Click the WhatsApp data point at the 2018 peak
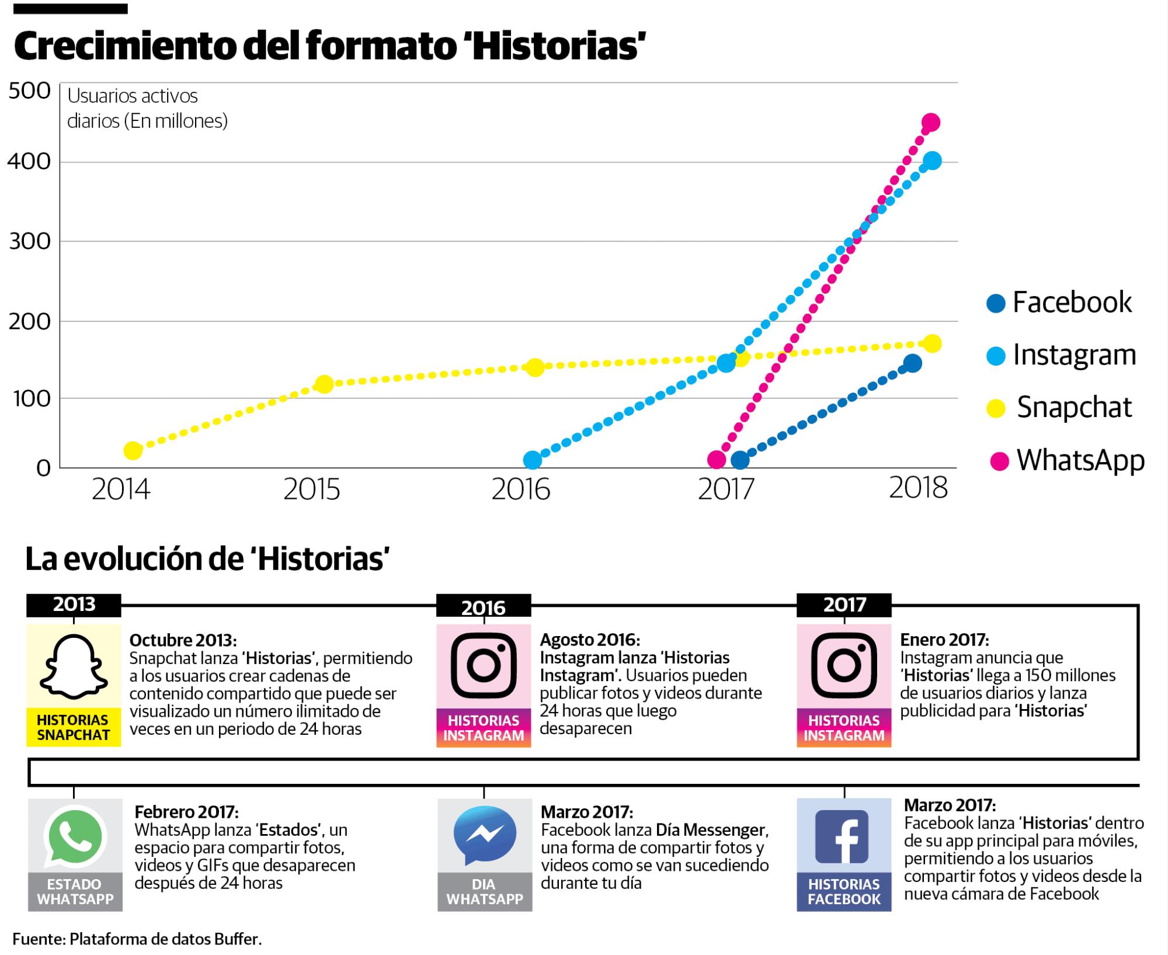click(x=930, y=123)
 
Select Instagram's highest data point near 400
click(x=933, y=161)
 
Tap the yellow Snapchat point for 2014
click(x=133, y=450)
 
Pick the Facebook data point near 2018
click(x=913, y=363)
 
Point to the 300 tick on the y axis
click(x=29, y=241)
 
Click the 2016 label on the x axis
click(x=520, y=489)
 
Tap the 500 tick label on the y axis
click(x=29, y=91)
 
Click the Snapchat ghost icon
click(x=74, y=666)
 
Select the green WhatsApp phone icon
click(x=75, y=836)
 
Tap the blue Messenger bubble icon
click(x=484, y=836)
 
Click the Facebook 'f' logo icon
click(x=844, y=836)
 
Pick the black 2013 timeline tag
click(x=74, y=605)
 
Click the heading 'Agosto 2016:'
click(x=589, y=640)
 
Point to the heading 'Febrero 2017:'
click(x=186, y=812)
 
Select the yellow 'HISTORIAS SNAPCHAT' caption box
click(x=74, y=728)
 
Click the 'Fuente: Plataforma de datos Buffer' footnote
click(x=137, y=939)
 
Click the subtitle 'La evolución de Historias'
click(x=207, y=559)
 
